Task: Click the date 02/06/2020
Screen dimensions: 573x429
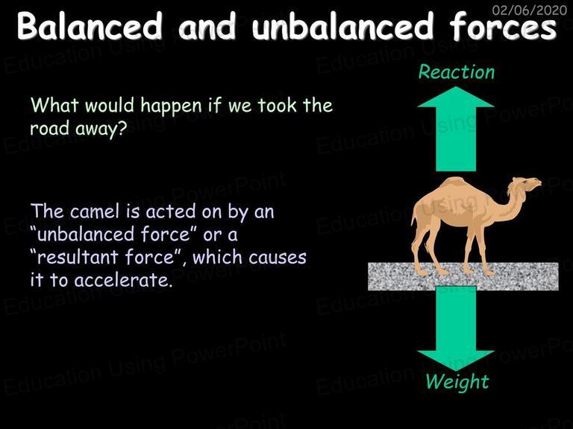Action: pos(530,10)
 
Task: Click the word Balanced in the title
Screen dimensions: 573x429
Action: pos(90,26)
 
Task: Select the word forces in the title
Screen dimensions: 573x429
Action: pos(503,26)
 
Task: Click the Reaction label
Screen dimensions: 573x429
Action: pos(456,71)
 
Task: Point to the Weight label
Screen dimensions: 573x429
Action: pos(457,382)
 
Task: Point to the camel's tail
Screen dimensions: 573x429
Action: pos(414,219)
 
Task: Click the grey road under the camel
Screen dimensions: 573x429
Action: pos(463,276)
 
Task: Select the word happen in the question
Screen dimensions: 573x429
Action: pos(172,107)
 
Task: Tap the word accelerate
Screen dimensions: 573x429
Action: pos(123,280)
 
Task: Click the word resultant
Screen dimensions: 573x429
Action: pos(78,257)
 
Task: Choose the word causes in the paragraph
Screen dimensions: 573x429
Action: pos(278,258)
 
